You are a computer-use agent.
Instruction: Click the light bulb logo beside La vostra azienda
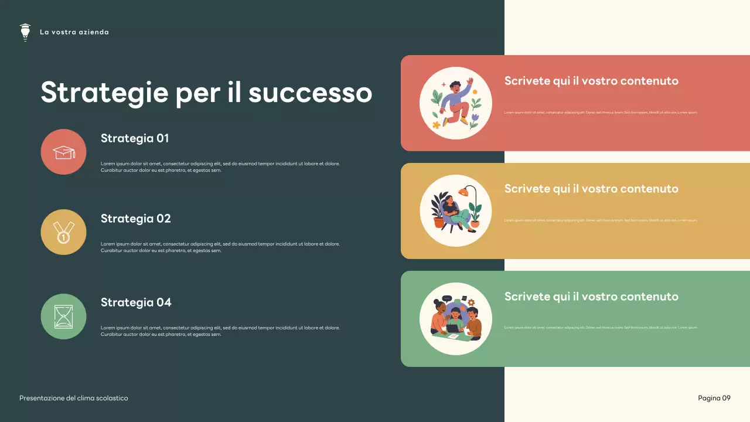25,32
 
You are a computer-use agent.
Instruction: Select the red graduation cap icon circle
63,152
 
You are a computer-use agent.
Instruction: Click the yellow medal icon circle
63,232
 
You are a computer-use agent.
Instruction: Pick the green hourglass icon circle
63,316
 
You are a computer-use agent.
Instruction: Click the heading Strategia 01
135,138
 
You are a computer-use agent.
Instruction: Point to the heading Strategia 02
135,219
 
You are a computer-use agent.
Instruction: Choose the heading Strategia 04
136,302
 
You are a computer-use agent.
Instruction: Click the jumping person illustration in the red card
455,103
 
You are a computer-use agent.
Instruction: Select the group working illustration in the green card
455,319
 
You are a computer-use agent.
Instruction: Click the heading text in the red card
591,81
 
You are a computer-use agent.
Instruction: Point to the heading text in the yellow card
591,189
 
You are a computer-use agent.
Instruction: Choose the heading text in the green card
591,297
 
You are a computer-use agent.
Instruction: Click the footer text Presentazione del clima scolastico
73,399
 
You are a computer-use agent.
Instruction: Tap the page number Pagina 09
714,399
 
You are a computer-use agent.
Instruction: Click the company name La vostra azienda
74,32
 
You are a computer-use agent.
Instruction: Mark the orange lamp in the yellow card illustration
464,192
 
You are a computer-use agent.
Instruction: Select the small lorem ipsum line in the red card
601,113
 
